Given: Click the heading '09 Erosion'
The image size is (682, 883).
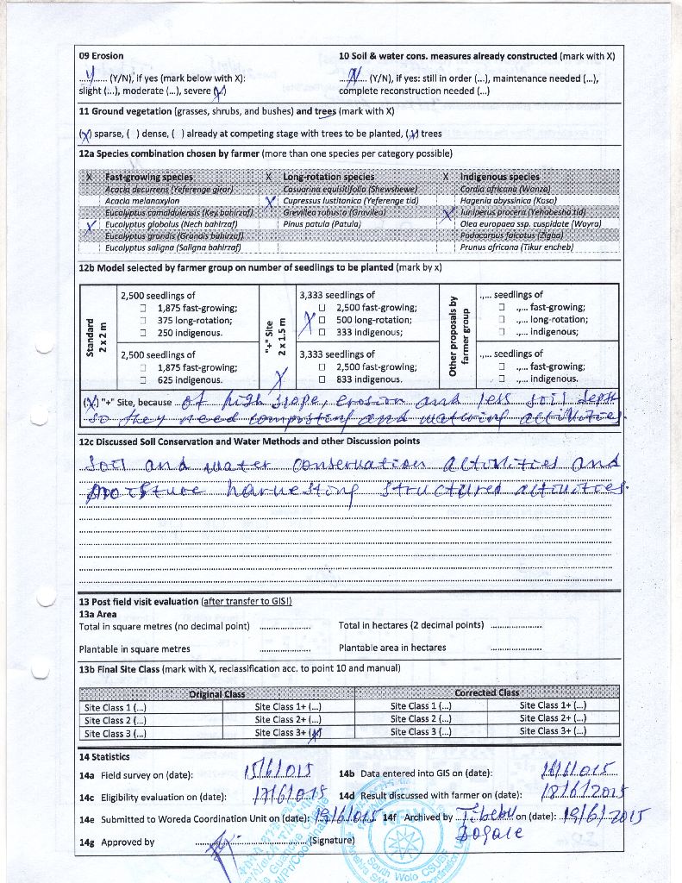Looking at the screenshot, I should (x=101, y=56).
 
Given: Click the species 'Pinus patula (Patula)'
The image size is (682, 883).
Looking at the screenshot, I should (x=322, y=223).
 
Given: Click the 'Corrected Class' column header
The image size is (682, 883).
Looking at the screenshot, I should (x=487, y=692).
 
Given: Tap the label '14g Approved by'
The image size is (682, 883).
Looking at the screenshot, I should (x=116, y=842).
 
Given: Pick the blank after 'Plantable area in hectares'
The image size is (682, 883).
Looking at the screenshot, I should (x=515, y=648).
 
